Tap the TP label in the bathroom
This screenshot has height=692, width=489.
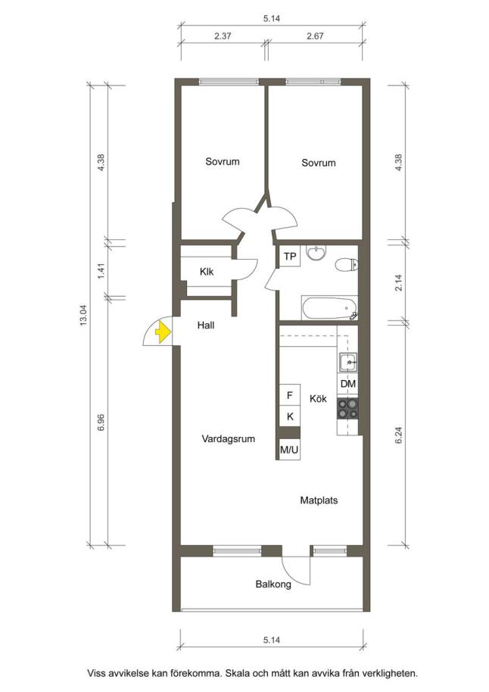(x=290, y=257)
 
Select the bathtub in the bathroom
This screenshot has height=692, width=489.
(x=329, y=308)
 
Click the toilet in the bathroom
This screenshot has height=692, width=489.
(x=347, y=265)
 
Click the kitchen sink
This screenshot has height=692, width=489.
(x=348, y=362)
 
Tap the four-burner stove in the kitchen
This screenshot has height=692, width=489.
(x=347, y=408)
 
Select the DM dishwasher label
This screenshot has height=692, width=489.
(x=347, y=384)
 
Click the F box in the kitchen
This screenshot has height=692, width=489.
(x=290, y=395)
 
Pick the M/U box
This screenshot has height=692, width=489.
(x=289, y=450)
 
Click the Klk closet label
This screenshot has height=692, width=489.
(x=207, y=271)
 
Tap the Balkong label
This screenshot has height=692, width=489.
(x=273, y=584)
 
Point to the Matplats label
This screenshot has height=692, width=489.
(x=319, y=500)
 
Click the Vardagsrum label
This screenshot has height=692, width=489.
(x=228, y=439)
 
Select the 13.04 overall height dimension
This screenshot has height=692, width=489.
(x=83, y=315)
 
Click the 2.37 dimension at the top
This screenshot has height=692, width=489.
(x=223, y=36)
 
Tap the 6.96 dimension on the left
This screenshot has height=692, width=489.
(x=101, y=422)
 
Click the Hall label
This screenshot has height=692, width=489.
(x=206, y=326)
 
